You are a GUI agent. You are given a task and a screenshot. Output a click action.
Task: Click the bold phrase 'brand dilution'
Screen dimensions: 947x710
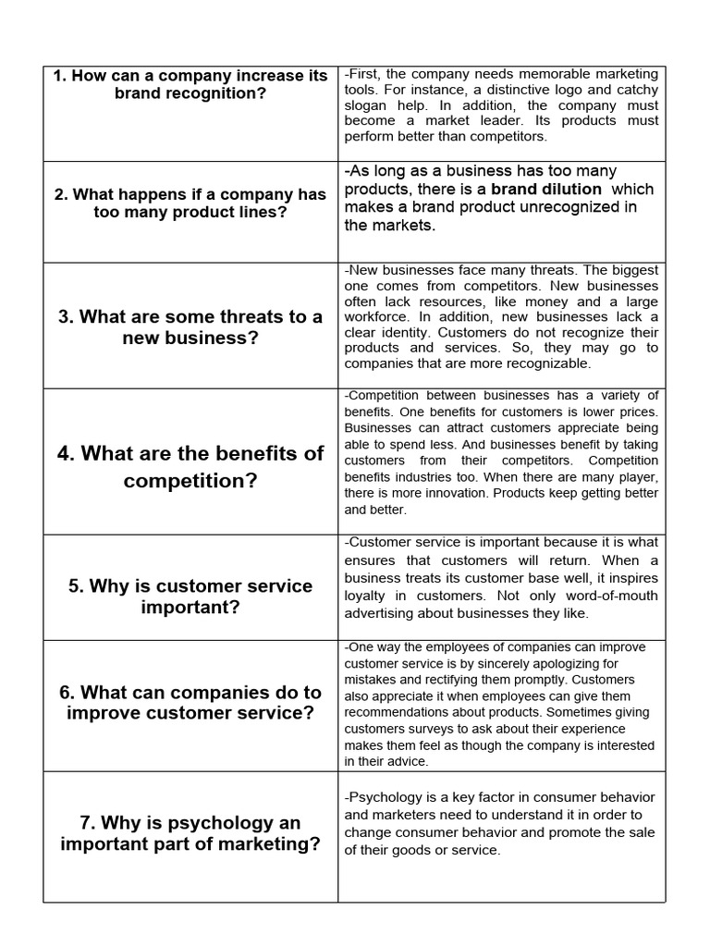[545, 190]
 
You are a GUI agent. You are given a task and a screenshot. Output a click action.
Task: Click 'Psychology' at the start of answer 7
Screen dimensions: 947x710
[384, 797]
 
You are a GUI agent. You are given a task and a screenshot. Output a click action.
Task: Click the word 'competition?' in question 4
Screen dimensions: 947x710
[190, 481]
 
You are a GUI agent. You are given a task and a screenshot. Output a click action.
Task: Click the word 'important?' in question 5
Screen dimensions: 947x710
[190, 607]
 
